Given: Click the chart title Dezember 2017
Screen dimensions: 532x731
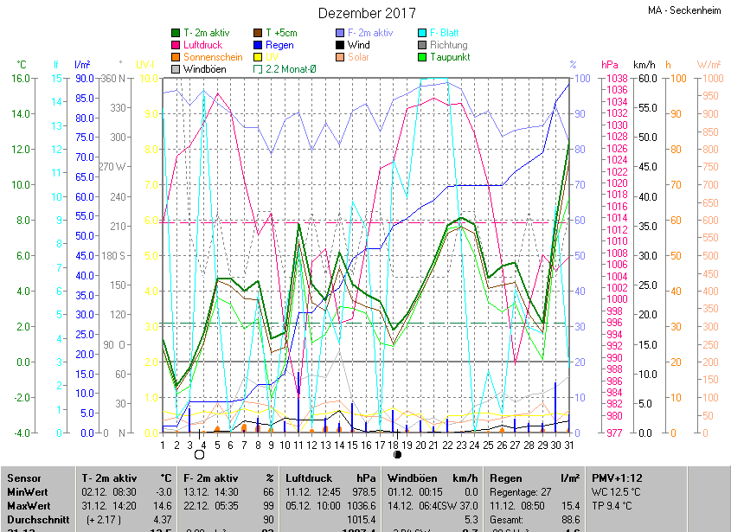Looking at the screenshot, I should click(367, 13).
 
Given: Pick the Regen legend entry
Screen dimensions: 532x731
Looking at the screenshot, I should click(279, 45).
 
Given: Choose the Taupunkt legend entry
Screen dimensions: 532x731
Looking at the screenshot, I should click(448, 57).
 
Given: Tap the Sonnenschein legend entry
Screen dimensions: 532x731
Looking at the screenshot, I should click(212, 57).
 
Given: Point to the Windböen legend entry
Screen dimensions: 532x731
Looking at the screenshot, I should click(204, 68).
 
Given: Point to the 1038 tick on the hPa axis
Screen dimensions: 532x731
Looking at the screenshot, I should click(616, 78).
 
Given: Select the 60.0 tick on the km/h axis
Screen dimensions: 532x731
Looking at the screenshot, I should click(645, 78).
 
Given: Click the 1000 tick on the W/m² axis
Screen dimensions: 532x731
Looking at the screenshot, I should click(709, 78).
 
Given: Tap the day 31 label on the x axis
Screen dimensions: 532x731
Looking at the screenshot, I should click(568, 445).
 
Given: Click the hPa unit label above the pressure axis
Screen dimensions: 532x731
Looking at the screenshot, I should click(610, 65).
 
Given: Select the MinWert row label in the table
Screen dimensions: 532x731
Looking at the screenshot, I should click(28, 491).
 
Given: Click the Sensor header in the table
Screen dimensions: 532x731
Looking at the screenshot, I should click(24, 478).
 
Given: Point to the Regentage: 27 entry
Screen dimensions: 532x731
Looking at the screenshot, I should click(520, 491).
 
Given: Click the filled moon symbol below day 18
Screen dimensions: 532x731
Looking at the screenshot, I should click(398, 453).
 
